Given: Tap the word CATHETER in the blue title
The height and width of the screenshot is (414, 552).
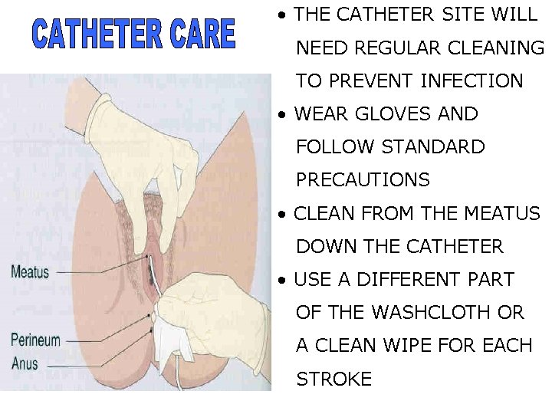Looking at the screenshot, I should tap(94, 34).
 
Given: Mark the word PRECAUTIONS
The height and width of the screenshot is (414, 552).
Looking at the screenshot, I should tap(363, 180).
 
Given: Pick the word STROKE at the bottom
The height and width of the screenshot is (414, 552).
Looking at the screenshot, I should tap(334, 379).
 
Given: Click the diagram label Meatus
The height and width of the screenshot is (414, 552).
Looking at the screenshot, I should tap(30, 271).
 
